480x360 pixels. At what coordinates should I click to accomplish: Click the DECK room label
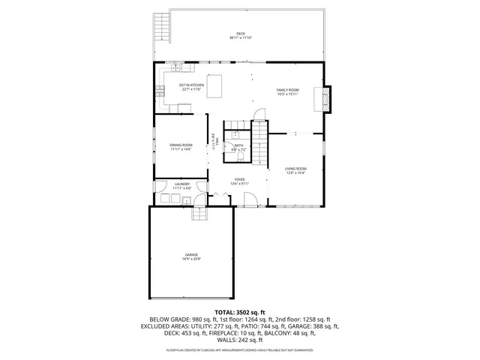240,34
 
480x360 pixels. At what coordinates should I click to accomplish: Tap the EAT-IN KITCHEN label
191,85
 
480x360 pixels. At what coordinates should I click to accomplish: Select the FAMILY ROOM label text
287,90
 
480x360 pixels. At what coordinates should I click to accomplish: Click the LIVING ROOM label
295,169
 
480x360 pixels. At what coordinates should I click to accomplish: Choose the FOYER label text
239,179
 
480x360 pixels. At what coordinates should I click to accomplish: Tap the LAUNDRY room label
181,184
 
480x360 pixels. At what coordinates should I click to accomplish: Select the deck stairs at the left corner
162,28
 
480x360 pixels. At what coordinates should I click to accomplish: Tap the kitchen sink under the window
160,92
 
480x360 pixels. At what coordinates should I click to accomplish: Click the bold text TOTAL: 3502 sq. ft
240,311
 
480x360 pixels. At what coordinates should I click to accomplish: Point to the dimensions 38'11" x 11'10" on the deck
240,38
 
